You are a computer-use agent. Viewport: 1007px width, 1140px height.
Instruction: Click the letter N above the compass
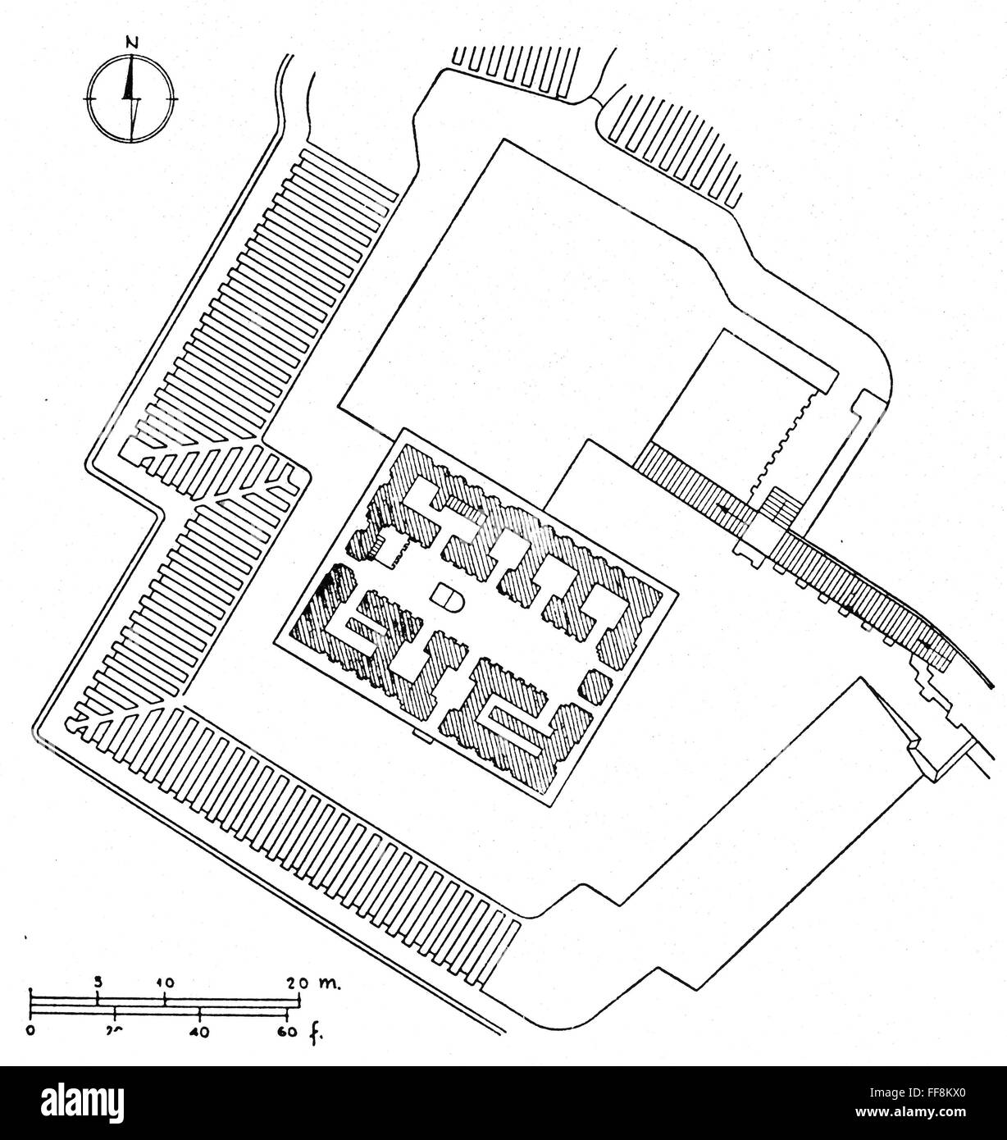[130, 42]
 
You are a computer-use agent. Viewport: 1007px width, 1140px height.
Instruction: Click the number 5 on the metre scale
[98, 981]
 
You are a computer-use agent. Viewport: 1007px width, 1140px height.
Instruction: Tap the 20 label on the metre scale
[298, 981]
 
